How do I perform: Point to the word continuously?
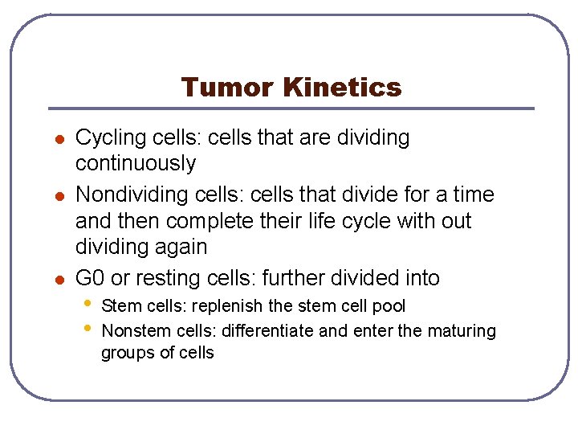click(135, 163)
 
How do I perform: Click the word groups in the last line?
click(124, 353)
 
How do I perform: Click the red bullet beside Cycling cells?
click(59, 139)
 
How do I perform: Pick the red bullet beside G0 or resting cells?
click(59, 280)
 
